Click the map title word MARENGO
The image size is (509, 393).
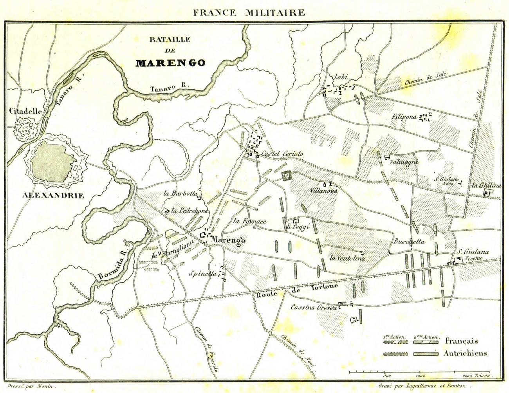[x=170, y=63]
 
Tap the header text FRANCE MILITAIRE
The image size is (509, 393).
[x=249, y=13]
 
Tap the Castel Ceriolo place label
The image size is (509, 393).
[x=282, y=154]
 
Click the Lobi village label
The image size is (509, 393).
[x=340, y=77]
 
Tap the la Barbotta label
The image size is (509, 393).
[x=180, y=193]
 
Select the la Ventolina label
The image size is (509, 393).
[x=347, y=258]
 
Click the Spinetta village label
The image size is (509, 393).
[x=202, y=274]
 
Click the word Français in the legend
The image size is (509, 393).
[x=461, y=341]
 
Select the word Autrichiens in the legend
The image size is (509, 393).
[x=465, y=353]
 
